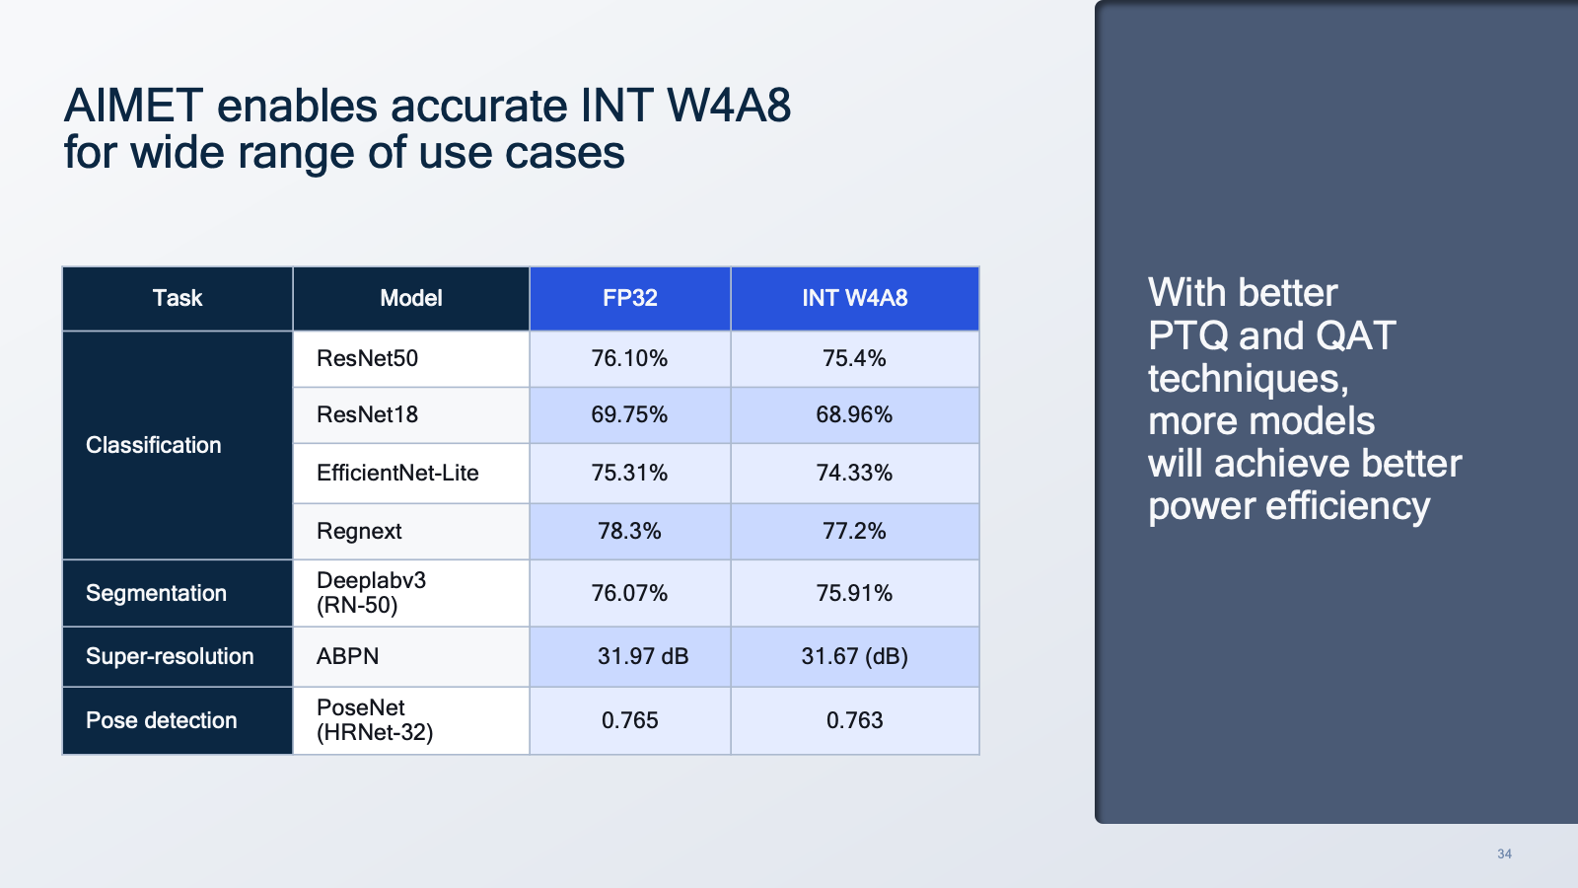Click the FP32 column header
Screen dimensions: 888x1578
629,298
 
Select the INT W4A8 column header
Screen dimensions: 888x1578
854,298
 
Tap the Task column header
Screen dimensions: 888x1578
178,298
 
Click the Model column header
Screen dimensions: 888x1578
411,298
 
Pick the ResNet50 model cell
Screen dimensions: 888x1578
367,358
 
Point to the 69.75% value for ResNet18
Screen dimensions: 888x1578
629,414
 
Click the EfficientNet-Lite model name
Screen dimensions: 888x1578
397,473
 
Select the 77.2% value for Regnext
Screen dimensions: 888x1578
854,531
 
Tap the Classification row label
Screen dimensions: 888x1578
153,445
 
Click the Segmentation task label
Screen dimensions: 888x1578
156,593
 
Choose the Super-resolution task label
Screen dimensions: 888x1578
170,656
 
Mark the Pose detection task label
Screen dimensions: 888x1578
161,720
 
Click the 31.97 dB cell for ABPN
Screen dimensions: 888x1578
642,656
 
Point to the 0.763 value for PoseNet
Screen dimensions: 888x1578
854,720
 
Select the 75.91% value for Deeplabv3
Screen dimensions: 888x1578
854,593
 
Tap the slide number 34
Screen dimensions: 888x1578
1504,854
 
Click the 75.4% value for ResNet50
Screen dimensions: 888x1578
854,358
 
